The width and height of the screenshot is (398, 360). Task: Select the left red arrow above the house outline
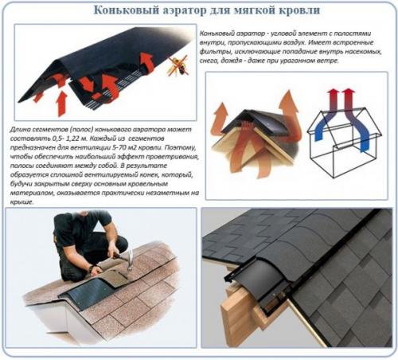click(328, 100)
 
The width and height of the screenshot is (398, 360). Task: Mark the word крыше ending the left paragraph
click(21, 202)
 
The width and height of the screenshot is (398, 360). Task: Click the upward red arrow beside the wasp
click(148, 62)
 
